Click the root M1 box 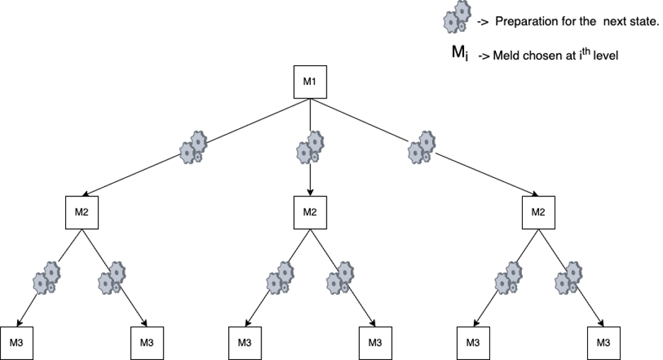310,82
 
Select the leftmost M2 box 81,213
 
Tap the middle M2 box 310,213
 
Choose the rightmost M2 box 538,213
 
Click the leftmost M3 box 16,343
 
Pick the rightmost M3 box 603,343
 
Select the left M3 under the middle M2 244,343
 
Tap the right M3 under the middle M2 375,343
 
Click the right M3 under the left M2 147,343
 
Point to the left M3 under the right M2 472,343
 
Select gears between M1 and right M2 422,147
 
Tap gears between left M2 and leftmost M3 47,278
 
